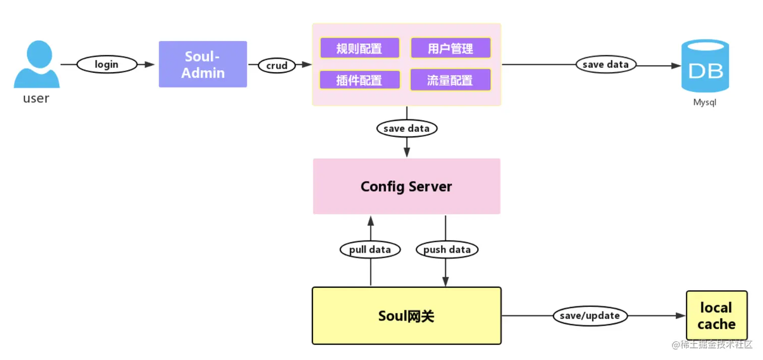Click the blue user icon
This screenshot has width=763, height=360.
pos(36,66)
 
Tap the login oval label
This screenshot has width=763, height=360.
pos(106,65)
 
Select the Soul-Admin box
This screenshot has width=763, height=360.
pos(203,64)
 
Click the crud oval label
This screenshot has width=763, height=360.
pos(277,65)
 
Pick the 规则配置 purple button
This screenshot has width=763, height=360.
pos(359,48)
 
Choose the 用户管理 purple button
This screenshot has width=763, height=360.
pos(450,48)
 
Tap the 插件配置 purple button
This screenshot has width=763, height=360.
pos(359,80)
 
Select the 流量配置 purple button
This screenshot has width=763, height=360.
pos(450,80)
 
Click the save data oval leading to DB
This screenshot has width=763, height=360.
pos(606,65)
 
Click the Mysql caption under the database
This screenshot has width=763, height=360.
pos(704,102)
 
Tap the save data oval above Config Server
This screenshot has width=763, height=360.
pos(406,128)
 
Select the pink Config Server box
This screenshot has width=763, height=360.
pos(406,186)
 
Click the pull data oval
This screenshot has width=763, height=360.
pos(370,249)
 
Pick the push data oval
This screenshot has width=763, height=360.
pos(447,249)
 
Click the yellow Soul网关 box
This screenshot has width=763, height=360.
pos(406,316)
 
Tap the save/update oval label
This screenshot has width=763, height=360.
pos(589,316)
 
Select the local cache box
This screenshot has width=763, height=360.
pos(716,316)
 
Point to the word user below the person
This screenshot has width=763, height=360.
pos(36,98)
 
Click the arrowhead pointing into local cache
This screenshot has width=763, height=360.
pos(680,316)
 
